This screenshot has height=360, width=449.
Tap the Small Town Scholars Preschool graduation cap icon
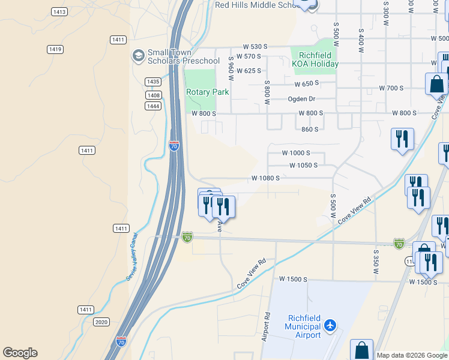click(x=138, y=56)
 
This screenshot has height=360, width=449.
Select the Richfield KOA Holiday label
click(x=315, y=60)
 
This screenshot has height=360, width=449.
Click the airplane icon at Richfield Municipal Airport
click(x=330, y=326)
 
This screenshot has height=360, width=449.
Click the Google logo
click(x=20, y=353)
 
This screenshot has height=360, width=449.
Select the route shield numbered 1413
click(x=59, y=12)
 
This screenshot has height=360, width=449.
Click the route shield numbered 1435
click(x=153, y=82)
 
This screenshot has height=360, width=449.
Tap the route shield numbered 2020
click(x=101, y=322)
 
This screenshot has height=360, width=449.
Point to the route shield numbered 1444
click(x=153, y=106)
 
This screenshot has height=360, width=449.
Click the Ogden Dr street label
click(x=302, y=99)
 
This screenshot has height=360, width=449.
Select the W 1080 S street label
click(x=265, y=178)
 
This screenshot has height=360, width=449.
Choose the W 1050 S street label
click(x=303, y=166)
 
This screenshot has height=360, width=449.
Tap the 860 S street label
click(x=310, y=129)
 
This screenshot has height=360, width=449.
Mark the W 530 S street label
click(x=255, y=47)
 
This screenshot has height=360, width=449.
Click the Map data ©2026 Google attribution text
click(x=412, y=355)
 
